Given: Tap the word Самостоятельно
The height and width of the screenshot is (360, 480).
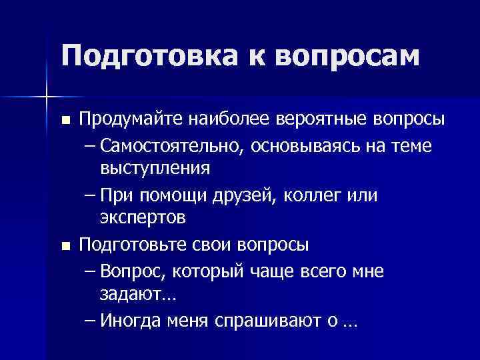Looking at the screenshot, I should point(175,145).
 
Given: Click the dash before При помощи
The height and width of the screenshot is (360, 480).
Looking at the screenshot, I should point(91,195).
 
